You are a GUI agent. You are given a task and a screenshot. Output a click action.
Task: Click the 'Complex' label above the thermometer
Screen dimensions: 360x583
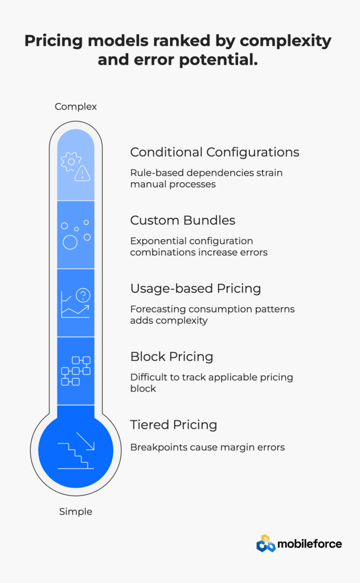coord(76,106)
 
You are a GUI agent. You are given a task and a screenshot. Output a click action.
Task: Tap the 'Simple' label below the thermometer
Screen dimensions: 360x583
coord(76,512)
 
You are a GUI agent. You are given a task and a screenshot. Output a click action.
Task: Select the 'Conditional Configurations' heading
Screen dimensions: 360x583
coord(215,153)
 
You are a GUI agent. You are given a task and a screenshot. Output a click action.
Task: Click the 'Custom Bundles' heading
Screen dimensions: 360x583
coord(183,220)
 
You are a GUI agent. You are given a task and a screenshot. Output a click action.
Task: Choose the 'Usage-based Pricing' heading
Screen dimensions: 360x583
coord(195,289)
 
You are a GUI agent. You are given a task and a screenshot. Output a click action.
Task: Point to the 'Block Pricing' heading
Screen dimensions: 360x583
coord(172,356)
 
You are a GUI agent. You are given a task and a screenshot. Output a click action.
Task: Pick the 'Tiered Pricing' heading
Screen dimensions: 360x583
coord(174,425)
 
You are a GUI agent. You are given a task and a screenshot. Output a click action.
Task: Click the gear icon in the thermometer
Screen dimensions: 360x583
coord(70,162)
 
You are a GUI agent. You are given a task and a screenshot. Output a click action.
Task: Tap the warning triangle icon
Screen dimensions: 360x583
coord(82,173)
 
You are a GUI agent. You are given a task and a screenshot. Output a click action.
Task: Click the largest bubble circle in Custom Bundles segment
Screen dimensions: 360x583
coord(70,243)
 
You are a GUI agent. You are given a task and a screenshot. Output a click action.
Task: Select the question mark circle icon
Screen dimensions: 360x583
coord(83,295)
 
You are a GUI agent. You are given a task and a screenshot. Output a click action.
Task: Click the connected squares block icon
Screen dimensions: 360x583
coord(76,371)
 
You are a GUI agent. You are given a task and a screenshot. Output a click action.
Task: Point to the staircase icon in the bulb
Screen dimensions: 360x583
coord(76,456)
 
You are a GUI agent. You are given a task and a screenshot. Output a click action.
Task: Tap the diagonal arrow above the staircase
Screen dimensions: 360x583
coord(85,441)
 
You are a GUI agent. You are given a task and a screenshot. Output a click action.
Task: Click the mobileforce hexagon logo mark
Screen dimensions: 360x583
coord(265,543)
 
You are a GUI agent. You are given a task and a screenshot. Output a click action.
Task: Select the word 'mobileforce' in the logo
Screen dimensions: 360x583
coord(310,544)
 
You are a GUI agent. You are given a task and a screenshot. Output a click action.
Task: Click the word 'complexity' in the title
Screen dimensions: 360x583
coord(285,41)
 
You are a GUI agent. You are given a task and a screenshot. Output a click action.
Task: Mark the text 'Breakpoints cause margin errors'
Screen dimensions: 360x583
coord(207,447)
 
